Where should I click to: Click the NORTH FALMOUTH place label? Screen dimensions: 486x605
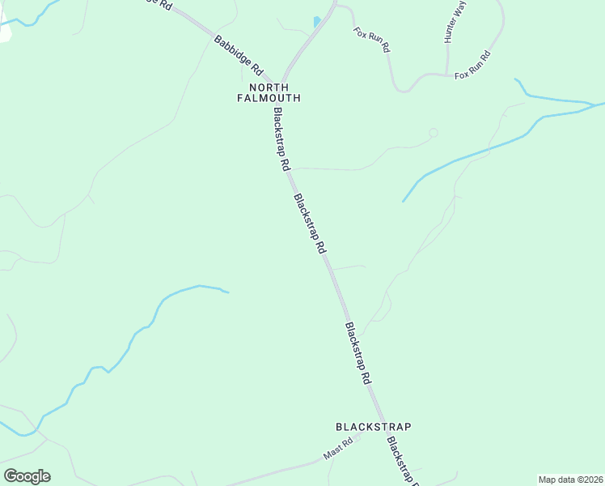click(x=269, y=92)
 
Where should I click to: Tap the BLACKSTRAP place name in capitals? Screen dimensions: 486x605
click(x=374, y=426)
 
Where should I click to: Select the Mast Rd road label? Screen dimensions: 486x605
click(x=339, y=450)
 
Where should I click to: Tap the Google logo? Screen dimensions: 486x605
click(x=27, y=476)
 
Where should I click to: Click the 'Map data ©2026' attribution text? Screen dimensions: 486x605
click(x=571, y=480)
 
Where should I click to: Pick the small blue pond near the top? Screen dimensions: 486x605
click(x=317, y=22)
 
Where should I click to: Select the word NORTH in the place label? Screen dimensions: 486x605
click(x=269, y=87)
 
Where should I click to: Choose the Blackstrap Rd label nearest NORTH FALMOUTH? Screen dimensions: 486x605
click(x=281, y=139)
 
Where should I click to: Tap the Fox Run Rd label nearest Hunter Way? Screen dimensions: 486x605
click(x=473, y=66)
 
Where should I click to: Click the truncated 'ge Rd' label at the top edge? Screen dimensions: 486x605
click(x=159, y=4)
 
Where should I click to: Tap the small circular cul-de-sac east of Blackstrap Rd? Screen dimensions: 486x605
click(x=433, y=132)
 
